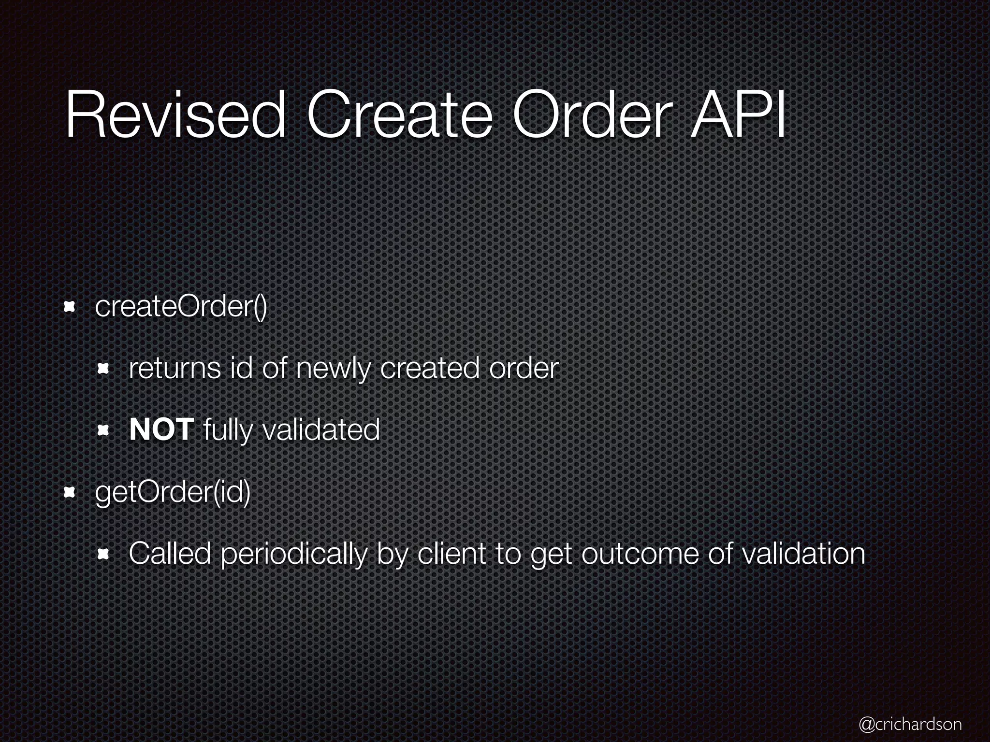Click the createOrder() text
point(181,307)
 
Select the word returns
point(175,369)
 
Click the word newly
point(334,369)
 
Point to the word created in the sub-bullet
point(430,369)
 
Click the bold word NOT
point(161,430)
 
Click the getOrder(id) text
point(173,493)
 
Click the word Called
point(170,554)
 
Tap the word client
point(451,554)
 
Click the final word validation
point(803,554)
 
